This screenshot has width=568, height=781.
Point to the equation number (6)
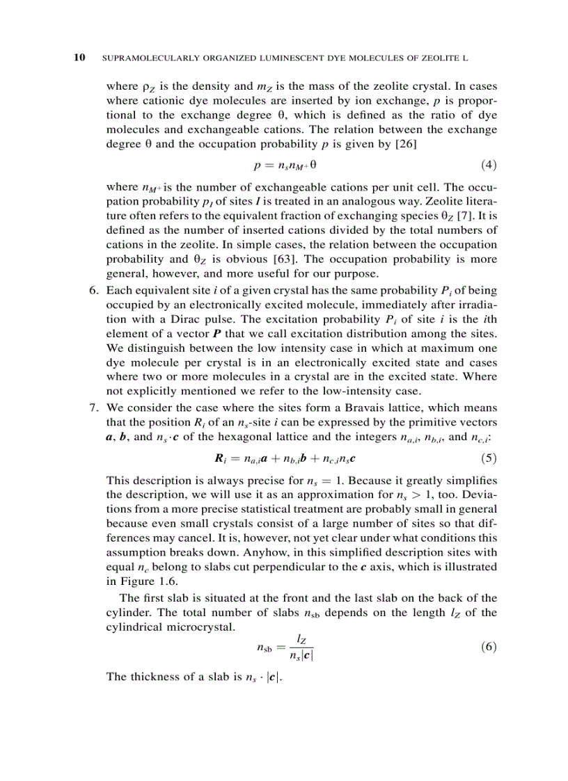click(x=489, y=646)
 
